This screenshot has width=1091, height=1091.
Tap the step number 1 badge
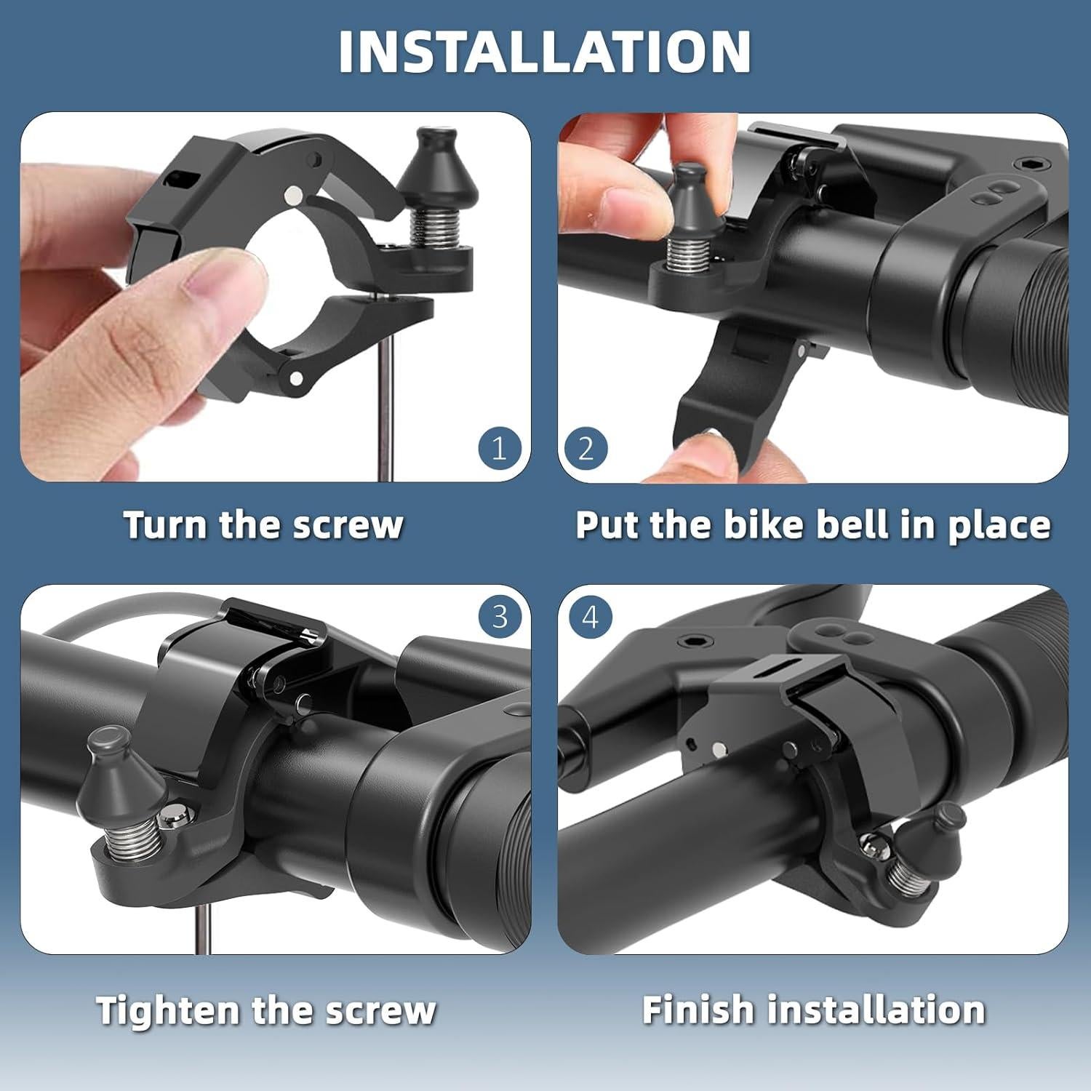(x=499, y=449)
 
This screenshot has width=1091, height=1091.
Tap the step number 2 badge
(x=586, y=449)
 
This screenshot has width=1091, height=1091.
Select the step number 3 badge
(x=500, y=617)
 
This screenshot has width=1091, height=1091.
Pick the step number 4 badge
(x=590, y=618)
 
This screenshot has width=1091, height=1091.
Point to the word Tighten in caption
(x=168, y=1010)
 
